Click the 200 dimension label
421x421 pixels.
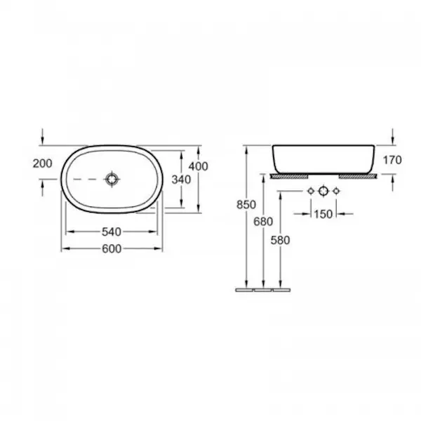pos(42,163)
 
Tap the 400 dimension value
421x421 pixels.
pos(198,166)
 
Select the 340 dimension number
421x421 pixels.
pos(181,180)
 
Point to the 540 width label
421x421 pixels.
pos(112,232)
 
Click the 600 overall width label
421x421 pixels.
pos(112,249)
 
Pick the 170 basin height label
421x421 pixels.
pos(392,160)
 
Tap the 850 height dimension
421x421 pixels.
pos(246,205)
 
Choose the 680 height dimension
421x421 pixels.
pos(263,222)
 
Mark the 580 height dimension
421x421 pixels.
pos(280,240)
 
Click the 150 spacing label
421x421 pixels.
pos(323,214)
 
